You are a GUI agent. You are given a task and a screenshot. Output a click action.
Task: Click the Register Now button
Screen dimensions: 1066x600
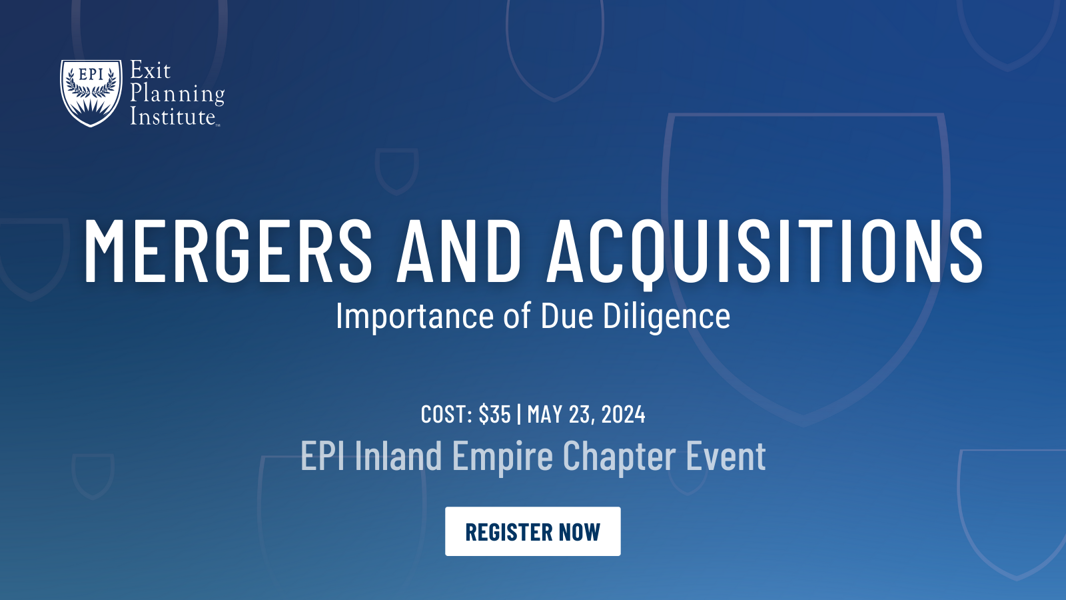click(x=532, y=531)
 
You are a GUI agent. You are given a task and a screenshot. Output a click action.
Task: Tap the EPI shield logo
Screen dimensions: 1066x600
click(x=91, y=93)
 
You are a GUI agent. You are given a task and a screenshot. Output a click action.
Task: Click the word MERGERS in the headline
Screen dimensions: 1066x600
click(x=227, y=251)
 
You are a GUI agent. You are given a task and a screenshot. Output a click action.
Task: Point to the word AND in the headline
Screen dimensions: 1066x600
click(x=459, y=251)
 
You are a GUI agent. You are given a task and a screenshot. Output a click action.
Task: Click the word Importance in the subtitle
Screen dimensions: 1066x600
click(x=414, y=316)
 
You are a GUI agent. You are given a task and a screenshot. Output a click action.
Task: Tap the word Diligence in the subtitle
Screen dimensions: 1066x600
click(x=666, y=316)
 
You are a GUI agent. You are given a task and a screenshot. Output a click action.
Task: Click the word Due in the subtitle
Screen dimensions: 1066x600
click(x=567, y=316)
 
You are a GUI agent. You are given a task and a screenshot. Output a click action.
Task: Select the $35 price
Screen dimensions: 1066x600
click(x=494, y=413)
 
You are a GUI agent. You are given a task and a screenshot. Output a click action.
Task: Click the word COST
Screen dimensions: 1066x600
click(x=446, y=414)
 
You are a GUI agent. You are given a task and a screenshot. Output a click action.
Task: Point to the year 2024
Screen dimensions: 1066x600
click(x=624, y=414)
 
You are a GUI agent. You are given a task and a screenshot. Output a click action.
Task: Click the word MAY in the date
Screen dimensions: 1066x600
click(x=545, y=414)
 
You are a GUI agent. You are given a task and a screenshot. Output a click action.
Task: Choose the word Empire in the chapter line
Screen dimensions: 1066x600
click(x=502, y=457)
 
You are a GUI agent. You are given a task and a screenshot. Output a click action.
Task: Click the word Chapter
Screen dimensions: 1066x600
click(x=619, y=457)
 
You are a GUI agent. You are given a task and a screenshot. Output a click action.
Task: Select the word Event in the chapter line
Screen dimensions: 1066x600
click(x=726, y=455)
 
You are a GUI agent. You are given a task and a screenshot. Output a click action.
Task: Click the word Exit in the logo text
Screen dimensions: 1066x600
click(x=151, y=71)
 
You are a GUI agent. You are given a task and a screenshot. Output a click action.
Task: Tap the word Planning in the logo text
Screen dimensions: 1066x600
click(x=177, y=94)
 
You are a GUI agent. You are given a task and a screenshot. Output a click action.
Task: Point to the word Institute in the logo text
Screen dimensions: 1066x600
click(x=173, y=116)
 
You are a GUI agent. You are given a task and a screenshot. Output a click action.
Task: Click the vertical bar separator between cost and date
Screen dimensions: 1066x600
click(x=519, y=414)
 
